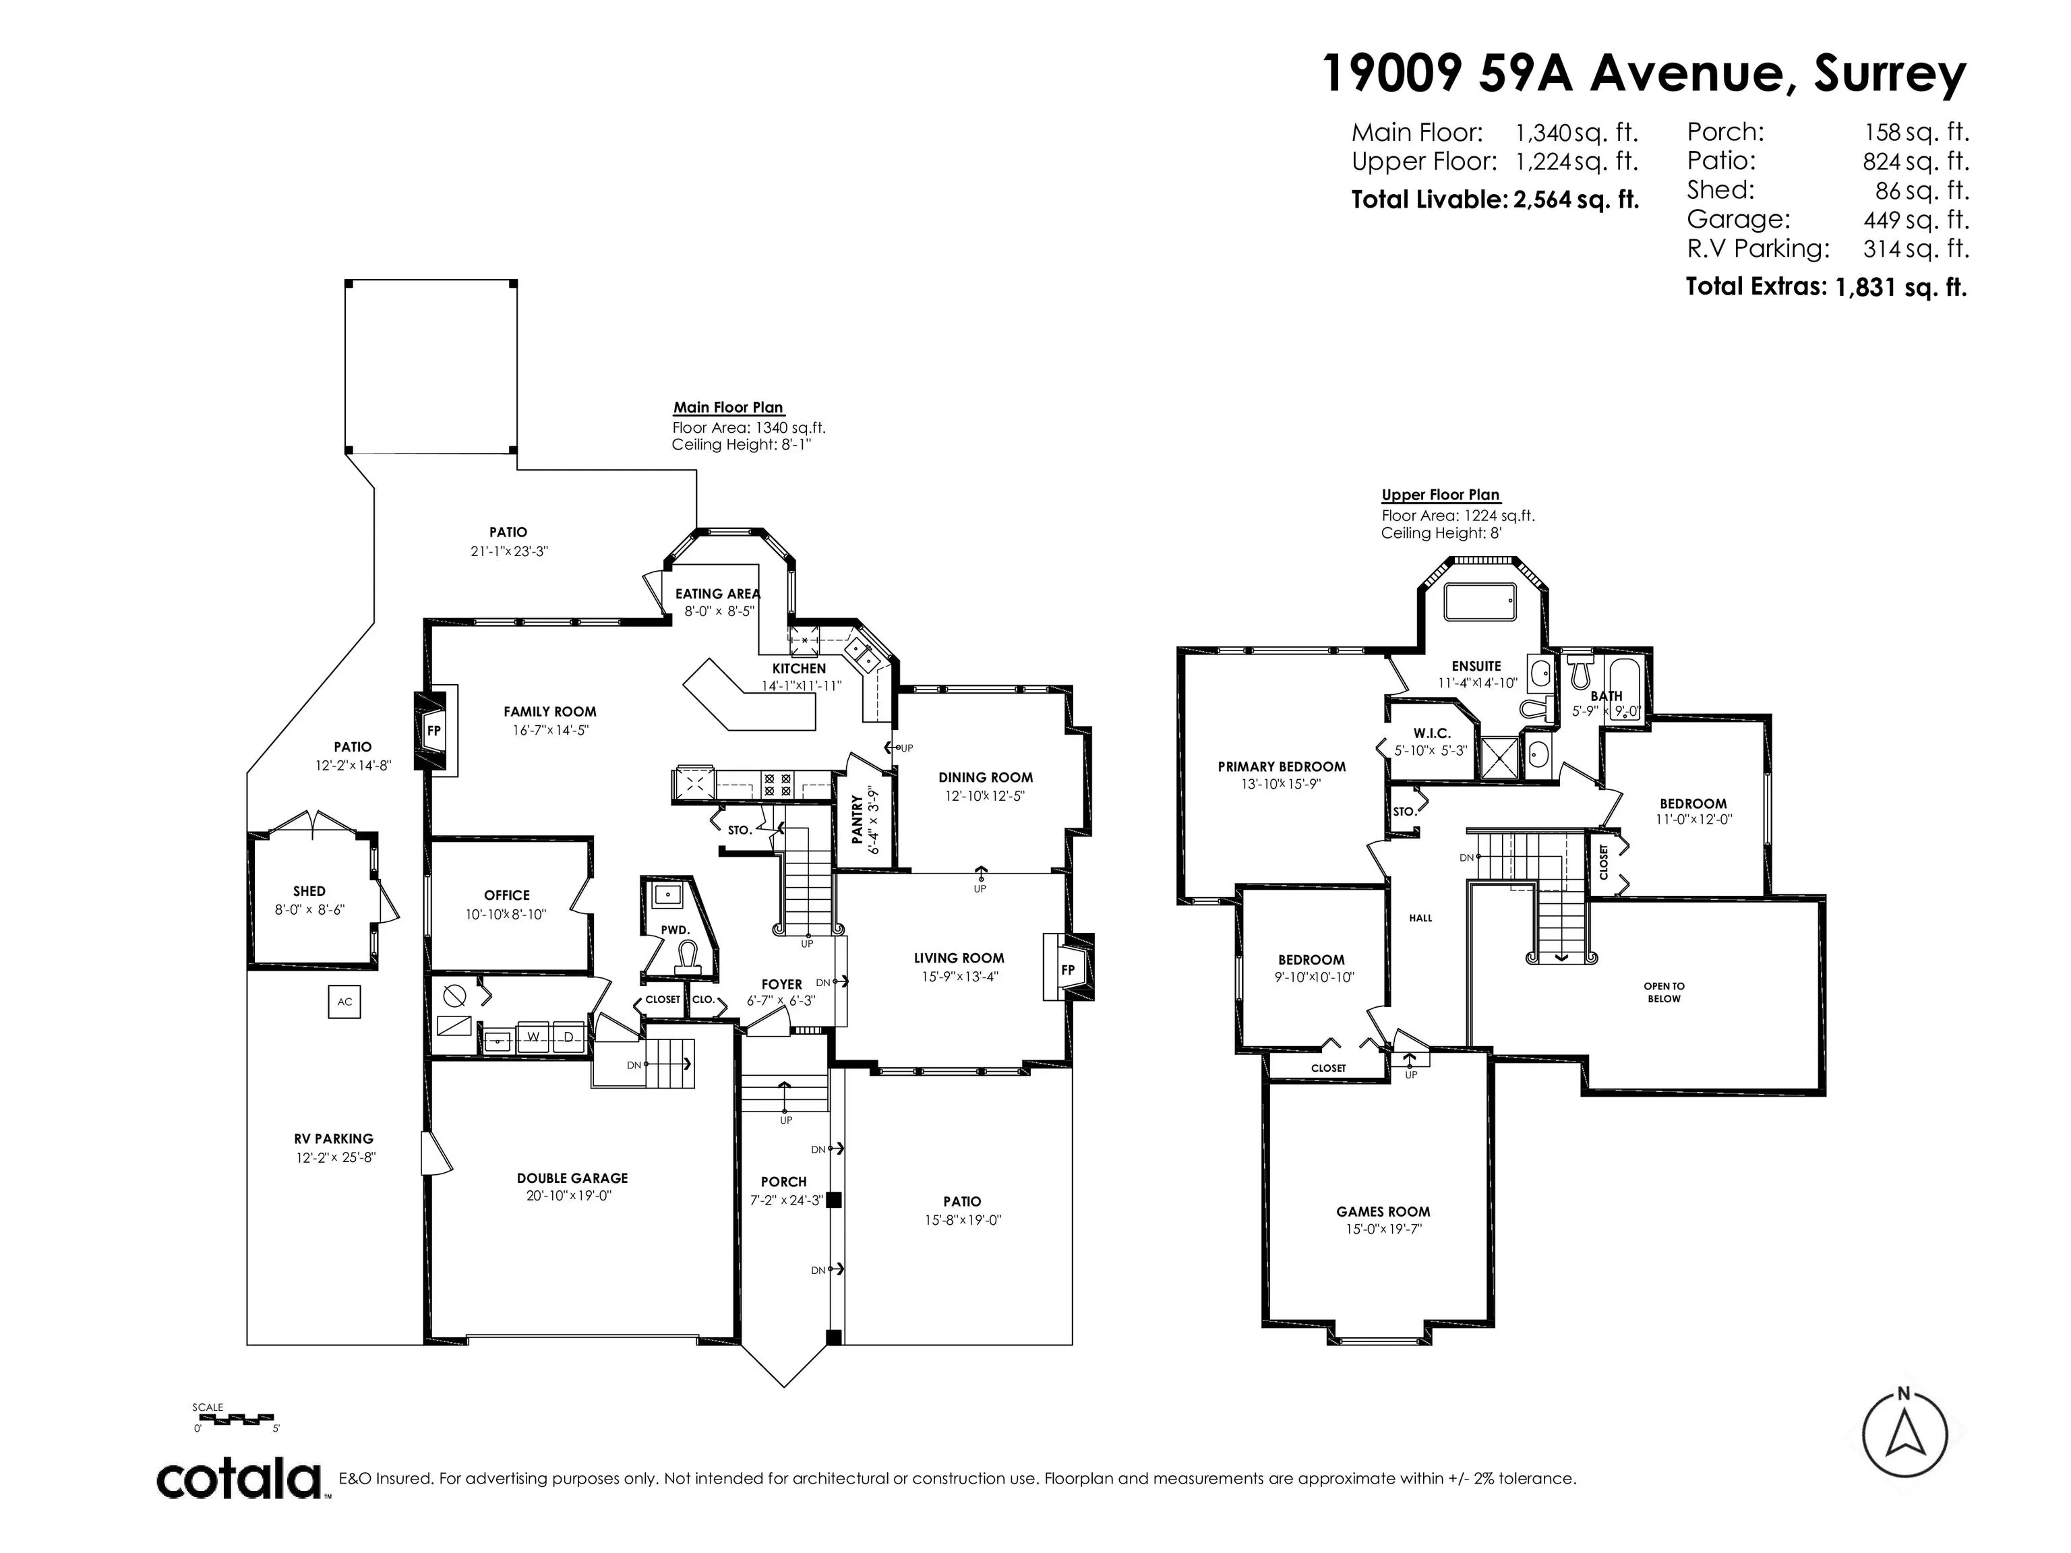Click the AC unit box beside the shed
[x=344, y=1002]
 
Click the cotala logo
[x=239, y=1480]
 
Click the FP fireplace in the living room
[x=1067, y=970]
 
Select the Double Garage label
[x=572, y=1178]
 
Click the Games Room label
[x=1383, y=1211]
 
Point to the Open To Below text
[x=1664, y=992]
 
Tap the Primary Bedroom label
[x=1282, y=766]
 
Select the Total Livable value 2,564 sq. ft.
[x=1575, y=200]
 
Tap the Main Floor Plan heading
[x=728, y=407]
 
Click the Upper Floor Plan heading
[x=1440, y=495]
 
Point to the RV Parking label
[x=333, y=1139]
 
